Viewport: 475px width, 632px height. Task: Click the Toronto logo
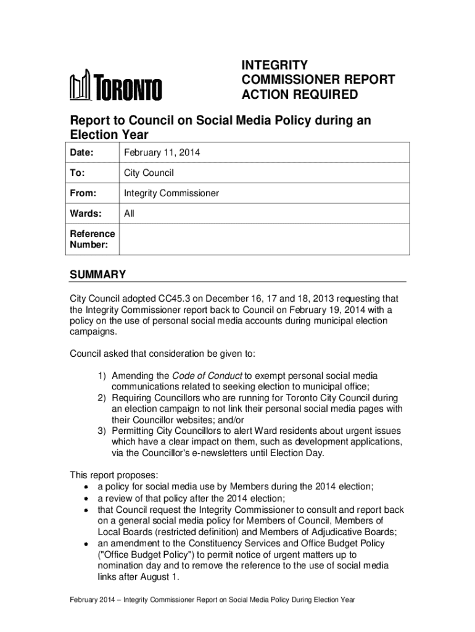pyautogui.click(x=115, y=86)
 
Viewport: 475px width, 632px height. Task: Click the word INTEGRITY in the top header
pyautogui.click(x=274, y=65)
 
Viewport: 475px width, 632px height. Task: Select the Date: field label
pyautogui.click(x=83, y=152)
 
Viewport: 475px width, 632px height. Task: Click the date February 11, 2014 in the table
pyautogui.click(x=162, y=152)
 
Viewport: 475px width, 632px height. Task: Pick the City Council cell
pyautogui.click(x=149, y=173)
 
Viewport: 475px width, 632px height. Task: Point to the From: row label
pyautogui.click(x=83, y=194)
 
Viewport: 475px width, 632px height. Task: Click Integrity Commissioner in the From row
pyautogui.click(x=171, y=194)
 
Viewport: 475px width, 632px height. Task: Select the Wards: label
pyautogui.click(x=85, y=214)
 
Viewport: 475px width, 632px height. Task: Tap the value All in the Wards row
pyautogui.click(x=129, y=214)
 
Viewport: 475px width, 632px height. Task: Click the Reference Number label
pyautogui.click(x=92, y=239)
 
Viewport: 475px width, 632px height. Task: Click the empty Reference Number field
pyautogui.click(x=263, y=239)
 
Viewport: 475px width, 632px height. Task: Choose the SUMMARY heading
pyautogui.click(x=97, y=275)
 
